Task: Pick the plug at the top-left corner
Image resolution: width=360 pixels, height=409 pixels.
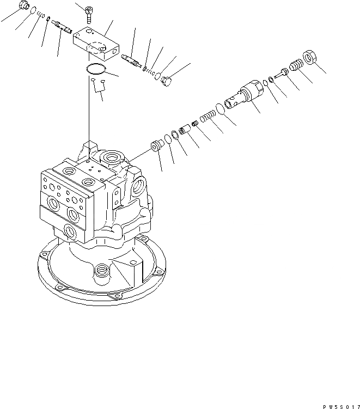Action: (x=23, y=6)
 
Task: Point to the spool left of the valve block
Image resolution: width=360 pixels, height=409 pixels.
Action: (x=59, y=26)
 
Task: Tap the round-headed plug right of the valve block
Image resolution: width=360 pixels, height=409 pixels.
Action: (x=166, y=80)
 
